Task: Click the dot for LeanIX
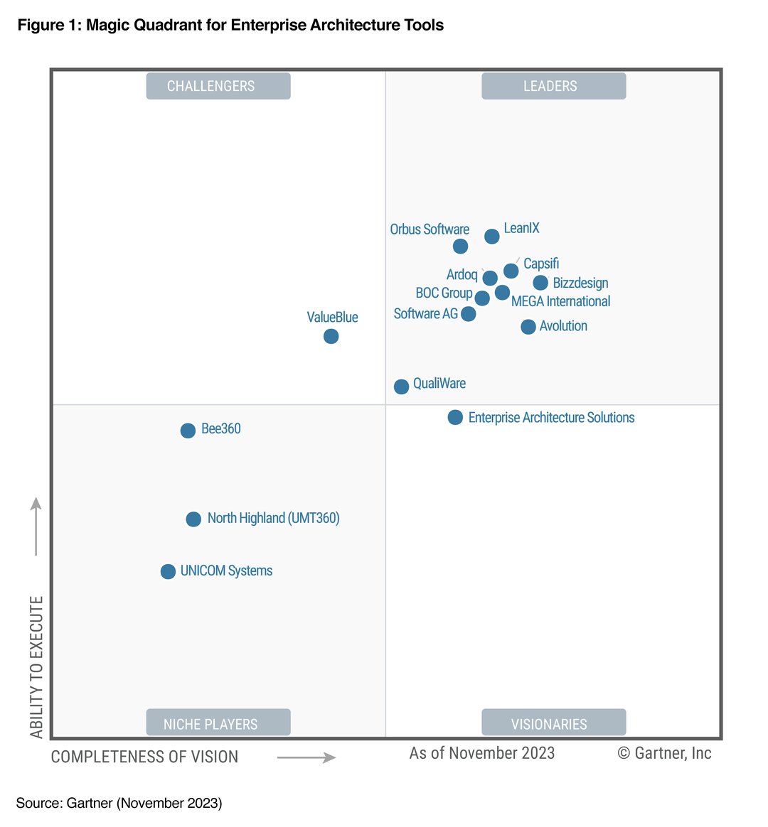point(492,237)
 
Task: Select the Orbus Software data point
point(461,247)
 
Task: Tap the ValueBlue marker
point(331,336)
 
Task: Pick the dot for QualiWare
point(402,387)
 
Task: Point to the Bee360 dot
point(188,431)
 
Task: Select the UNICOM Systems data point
point(168,572)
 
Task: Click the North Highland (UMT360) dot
point(193,519)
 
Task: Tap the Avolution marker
point(528,327)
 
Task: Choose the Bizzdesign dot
point(541,283)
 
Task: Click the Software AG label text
point(426,313)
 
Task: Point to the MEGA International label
point(560,301)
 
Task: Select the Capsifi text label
point(541,264)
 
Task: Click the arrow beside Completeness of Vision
point(306,757)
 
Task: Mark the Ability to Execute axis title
point(37,666)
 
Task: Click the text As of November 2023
point(482,753)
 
